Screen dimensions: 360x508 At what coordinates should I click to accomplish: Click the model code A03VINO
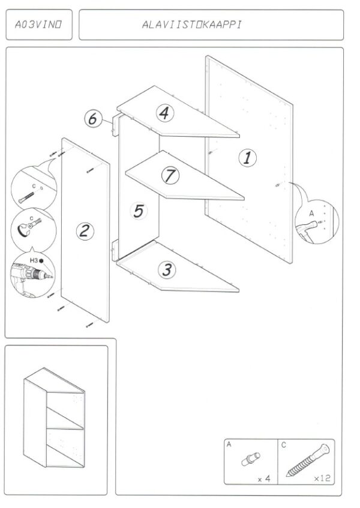[x=38, y=25]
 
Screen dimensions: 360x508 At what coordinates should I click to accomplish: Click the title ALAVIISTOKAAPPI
[x=192, y=25]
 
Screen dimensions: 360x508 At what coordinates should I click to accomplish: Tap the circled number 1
[x=248, y=158]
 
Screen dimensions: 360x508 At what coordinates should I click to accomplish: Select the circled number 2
[x=85, y=232]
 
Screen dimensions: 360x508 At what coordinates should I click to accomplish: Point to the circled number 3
[x=167, y=269]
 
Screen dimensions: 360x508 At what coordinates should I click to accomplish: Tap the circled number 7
[x=170, y=176]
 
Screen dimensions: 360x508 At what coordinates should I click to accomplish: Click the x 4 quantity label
[x=264, y=479]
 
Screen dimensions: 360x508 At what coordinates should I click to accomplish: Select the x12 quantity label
[x=322, y=478]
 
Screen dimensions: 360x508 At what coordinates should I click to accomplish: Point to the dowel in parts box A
[x=250, y=459]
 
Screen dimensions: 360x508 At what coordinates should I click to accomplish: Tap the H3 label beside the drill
[x=34, y=260]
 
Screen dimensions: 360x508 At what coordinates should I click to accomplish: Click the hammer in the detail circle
[x=306, y=229]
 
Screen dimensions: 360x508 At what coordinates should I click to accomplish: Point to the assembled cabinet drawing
[x=54, y=418]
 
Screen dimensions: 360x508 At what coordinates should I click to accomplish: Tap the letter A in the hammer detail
[x=311, y=214]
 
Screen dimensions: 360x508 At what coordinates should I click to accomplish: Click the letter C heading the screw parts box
[x=284, y=445]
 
